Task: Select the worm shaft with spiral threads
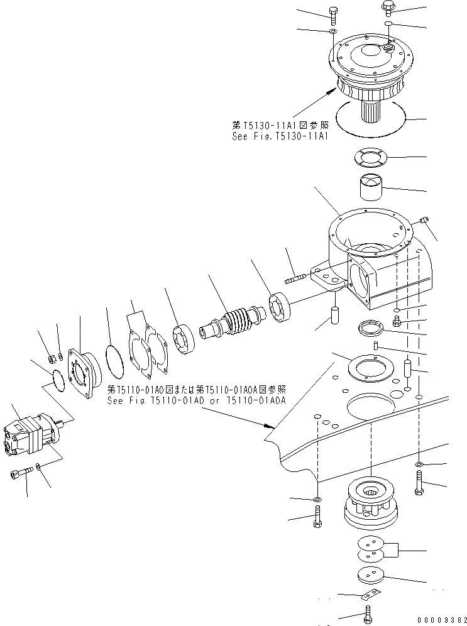(232, 319)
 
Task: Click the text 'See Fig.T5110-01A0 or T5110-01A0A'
(197, 399)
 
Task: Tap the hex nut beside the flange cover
(52, 360)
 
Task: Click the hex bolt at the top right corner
(387, 7)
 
